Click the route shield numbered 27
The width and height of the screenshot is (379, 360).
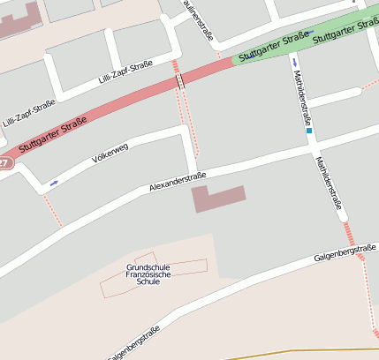click(4, 163)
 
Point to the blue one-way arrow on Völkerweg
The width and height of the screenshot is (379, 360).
click(54, 184)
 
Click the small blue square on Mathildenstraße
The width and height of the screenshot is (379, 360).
click(310, 131)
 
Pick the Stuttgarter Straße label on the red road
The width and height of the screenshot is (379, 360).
click(53, 135)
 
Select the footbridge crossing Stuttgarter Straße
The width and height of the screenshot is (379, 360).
click(180, 81)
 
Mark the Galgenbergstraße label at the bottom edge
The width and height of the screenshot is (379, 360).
click(133, 343)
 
